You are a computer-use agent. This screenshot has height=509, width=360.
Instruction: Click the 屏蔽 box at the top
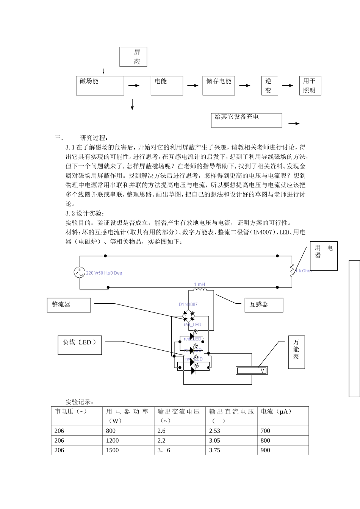(x=133, y=57)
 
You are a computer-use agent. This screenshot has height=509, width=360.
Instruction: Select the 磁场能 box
(x=100, y=86)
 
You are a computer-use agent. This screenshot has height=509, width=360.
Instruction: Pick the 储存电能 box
(x=218, y=86)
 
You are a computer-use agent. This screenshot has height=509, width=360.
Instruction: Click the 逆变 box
(x=269, y=86)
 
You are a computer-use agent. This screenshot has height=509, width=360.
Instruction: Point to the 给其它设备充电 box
(x=246, y=120)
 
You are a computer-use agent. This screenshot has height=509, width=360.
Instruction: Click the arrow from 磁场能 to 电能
(x=134, y=86)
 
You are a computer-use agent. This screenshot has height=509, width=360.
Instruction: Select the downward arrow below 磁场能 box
(x=132, y=105)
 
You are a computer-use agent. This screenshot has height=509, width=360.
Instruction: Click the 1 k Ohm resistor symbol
(x=292, y=270)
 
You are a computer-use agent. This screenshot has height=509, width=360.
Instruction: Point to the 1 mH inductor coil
(x=200, y=290)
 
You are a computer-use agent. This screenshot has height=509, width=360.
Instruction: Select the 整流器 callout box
(x=69, y=305)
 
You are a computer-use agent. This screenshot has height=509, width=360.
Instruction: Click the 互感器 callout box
(x=264, y=305)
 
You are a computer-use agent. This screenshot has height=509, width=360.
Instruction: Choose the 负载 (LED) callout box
(x=80, y=345)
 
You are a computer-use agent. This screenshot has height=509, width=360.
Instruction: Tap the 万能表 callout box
(x=296, y=352)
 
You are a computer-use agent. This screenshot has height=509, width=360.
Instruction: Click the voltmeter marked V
(x=252, y=370)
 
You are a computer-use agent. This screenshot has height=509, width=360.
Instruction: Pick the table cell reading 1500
(x=128, y=450)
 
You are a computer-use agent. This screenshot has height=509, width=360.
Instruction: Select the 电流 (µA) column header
(x=283, y=416)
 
